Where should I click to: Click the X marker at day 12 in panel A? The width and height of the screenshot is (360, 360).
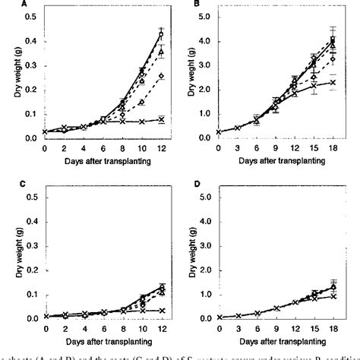(162, 119)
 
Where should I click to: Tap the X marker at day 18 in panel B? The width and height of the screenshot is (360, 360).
(333, 82)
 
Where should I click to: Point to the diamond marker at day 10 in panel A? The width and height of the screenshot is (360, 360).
(142, 102)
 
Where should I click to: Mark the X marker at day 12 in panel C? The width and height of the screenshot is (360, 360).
(162, 310)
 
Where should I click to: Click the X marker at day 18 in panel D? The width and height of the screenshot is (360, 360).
(333, 296)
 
